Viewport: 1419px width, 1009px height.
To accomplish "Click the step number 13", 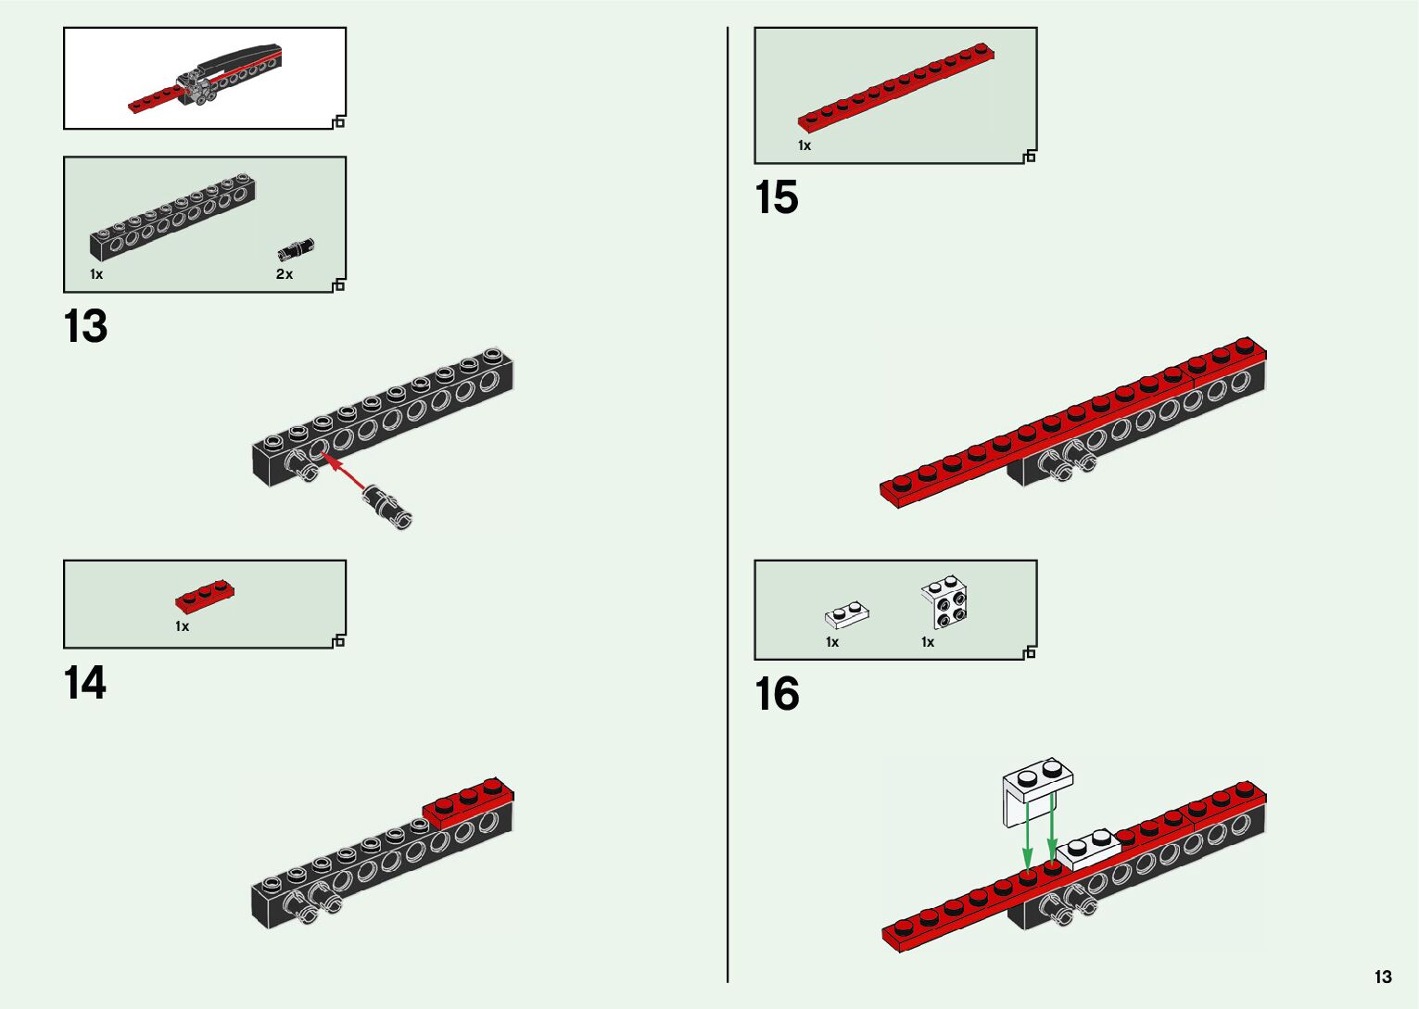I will click(85, 327).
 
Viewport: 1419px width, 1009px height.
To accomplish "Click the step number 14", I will click(85, 684).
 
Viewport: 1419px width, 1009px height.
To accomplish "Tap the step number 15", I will click(777, 198).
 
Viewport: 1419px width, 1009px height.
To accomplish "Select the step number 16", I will click(777, 694).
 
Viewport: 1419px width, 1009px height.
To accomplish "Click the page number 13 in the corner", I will click(1383, 977).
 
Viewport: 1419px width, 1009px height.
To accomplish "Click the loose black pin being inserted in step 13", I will click(388, 506).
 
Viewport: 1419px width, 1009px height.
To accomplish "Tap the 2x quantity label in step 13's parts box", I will click(284, 274).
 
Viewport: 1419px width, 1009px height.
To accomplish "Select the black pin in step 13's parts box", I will click(296, 249).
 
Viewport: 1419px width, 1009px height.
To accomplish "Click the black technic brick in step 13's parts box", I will click(172, 217).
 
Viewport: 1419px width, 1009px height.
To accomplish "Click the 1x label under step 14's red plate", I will click(182, 626).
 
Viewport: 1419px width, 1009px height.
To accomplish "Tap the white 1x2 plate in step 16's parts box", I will click(846, 614).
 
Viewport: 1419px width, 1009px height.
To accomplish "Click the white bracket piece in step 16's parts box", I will click(946, 602).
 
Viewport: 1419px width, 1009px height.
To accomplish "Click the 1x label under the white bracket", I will click(927, 642).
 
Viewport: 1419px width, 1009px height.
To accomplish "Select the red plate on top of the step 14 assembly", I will click(468, 801).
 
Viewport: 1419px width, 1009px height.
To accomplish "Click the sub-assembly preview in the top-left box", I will click(204, 79).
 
